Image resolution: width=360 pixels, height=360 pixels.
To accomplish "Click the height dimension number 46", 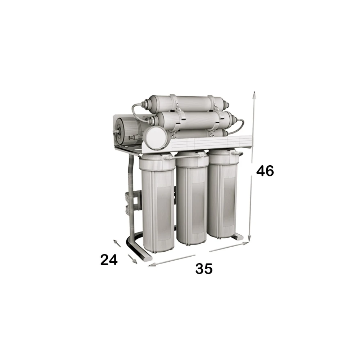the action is pyautogui.click(x=265, y=171).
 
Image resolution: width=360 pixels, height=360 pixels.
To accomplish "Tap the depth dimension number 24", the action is pyautogui.click(x=109, y=260).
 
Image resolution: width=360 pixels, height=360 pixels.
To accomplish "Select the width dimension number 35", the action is pyautogui.click(x=204, y=269).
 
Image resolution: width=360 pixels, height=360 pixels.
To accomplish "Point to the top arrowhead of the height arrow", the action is pyautogui.click(x=254, y=94).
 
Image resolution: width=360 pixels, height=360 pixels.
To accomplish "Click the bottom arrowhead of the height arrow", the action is pyautogui.click(x=249, y=237).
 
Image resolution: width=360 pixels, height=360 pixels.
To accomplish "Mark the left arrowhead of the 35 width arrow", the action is pyautogui.click(x=151, y=265).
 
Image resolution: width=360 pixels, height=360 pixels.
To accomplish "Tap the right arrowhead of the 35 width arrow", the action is pyautogui.click(x=245, y=243).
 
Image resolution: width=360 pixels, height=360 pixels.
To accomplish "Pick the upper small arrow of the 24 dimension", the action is pyautogui.click(x=117, y=243).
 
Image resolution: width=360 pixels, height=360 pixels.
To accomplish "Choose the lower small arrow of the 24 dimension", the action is pyautogui.click(x=133, y=259).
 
